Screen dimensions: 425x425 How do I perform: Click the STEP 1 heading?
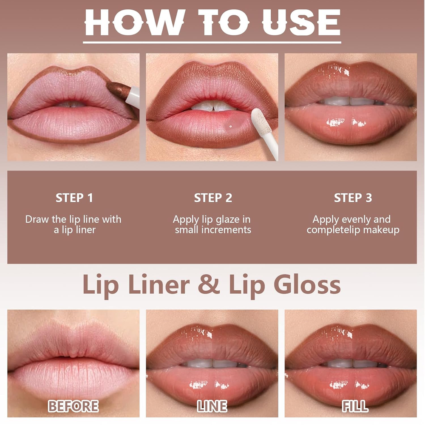click(74, 198)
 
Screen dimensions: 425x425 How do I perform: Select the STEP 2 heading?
click(213, 198)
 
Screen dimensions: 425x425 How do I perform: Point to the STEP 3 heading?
click(353, 198)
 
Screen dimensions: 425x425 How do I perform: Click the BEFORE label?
click(73, 406)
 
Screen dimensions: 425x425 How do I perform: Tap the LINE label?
click(212, 406)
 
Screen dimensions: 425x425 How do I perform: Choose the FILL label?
click(355, 406)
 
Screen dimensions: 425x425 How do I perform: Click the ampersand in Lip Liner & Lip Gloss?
click(209, 284)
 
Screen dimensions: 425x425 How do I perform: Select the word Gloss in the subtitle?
click(307, 284)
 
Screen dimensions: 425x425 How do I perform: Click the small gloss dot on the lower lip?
click(231, 126)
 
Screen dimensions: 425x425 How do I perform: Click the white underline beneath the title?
click(212, 42)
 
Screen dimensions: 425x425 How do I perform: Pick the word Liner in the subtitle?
click(159, 284)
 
